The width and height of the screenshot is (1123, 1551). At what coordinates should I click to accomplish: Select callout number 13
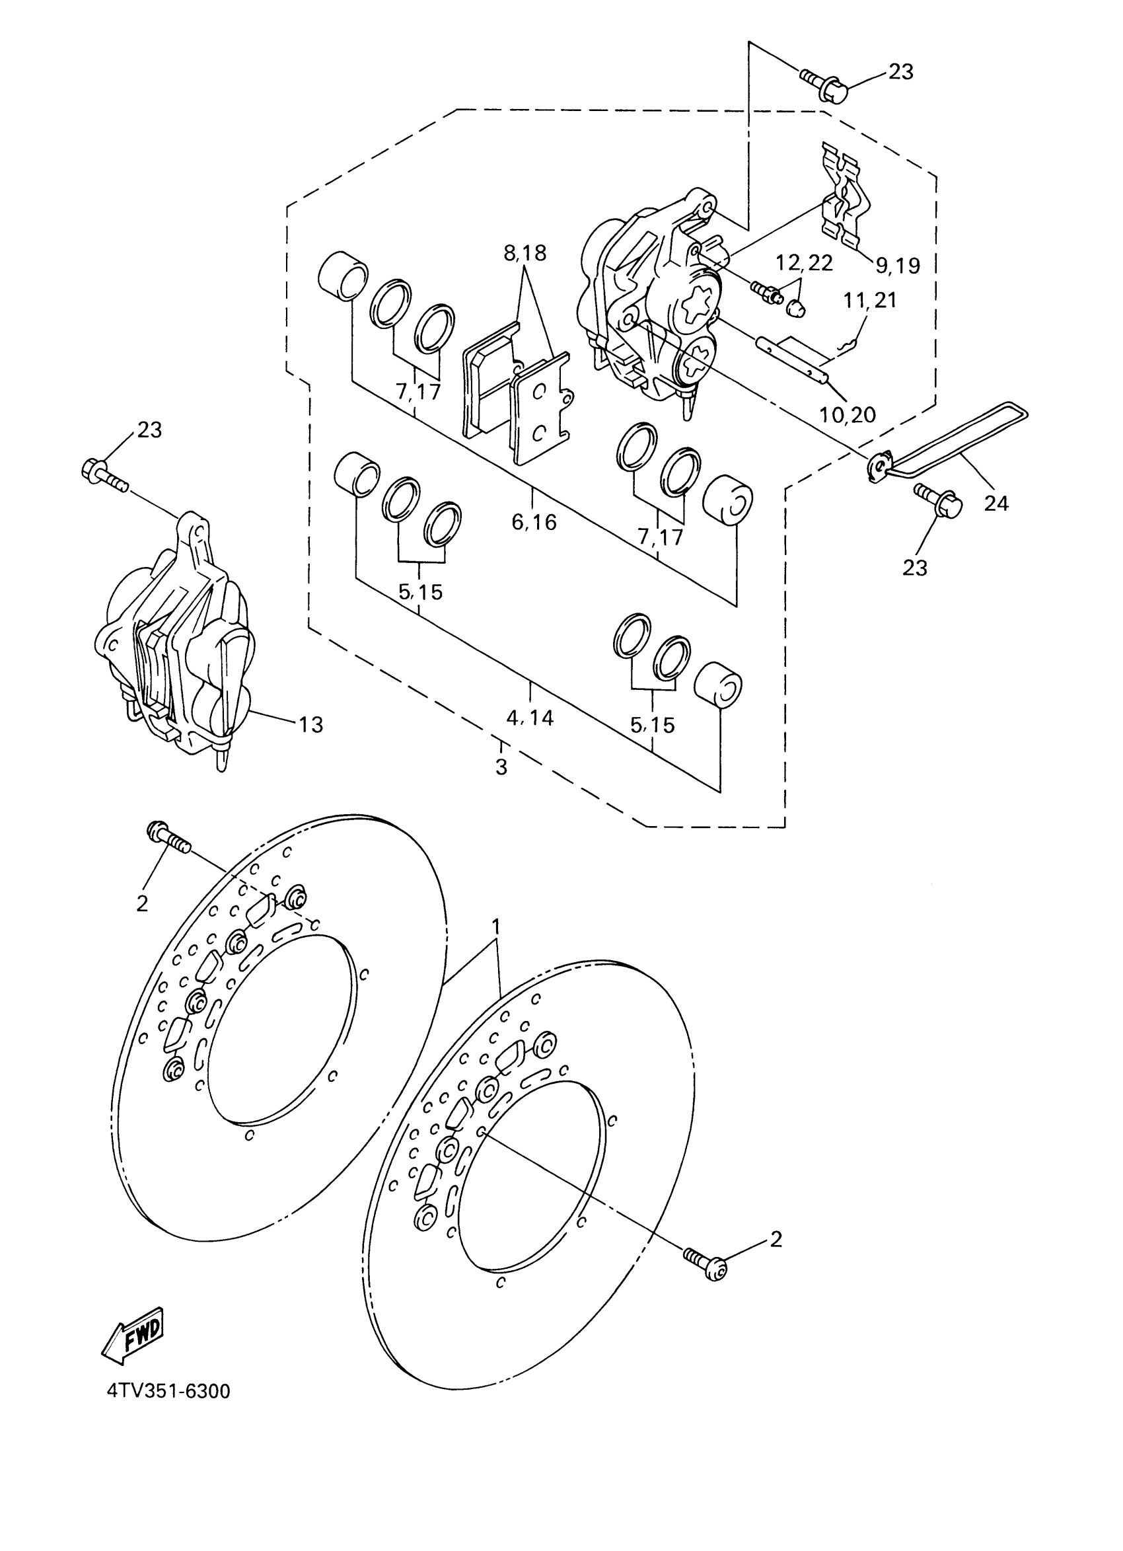310,724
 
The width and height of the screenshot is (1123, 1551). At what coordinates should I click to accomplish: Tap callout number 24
996,504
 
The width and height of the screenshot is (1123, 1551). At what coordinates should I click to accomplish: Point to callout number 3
501,767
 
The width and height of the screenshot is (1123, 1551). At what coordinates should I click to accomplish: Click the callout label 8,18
525,254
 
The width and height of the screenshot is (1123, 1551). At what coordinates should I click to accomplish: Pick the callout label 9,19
898,266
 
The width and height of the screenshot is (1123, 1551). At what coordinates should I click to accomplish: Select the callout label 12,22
804,262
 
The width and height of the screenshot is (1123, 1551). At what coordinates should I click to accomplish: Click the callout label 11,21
870,300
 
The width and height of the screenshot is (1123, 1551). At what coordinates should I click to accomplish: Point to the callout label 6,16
534,522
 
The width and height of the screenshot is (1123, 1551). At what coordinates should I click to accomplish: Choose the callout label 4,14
530,718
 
